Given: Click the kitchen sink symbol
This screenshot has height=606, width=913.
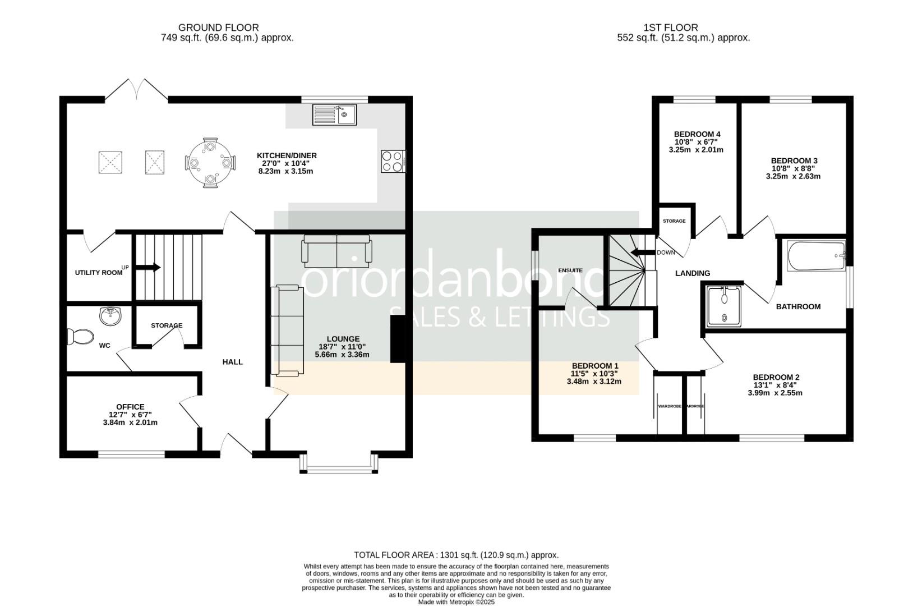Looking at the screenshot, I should click(334, 114).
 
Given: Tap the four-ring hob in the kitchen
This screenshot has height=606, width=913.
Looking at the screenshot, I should click(393, 161).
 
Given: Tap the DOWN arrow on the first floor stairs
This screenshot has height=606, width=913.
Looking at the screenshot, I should click(642, 252).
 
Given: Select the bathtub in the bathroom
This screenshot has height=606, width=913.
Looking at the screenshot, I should click(816, 256).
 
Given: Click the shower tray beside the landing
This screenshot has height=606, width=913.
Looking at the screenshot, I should click(724, 306).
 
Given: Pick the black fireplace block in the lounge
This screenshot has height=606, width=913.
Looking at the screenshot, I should click(397, 339).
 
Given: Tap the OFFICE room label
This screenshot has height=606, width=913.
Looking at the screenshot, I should click(130, 407).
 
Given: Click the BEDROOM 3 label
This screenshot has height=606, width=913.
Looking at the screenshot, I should click(793, 160).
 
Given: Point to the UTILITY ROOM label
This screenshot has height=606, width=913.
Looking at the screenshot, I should click(99, 272).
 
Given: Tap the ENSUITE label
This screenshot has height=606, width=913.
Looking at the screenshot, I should click(570, 270).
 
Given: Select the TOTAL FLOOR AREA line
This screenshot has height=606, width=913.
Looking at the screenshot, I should click(456, 554).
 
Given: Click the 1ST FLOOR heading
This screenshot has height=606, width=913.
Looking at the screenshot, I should click(671, 27).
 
